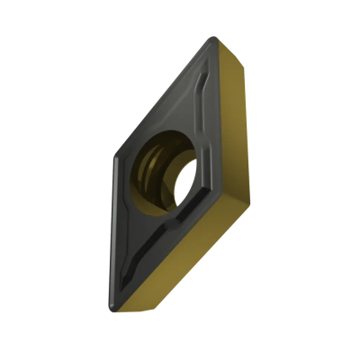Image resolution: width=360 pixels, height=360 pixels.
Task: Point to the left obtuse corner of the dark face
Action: [113, 162]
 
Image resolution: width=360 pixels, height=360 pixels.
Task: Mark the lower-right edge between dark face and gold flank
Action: [175, 247]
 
